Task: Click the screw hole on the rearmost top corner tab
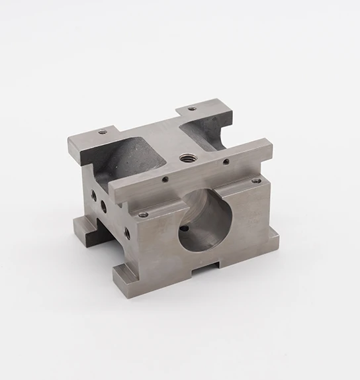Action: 192,109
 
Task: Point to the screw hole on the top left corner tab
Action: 103,132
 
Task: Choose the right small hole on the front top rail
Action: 226,161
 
